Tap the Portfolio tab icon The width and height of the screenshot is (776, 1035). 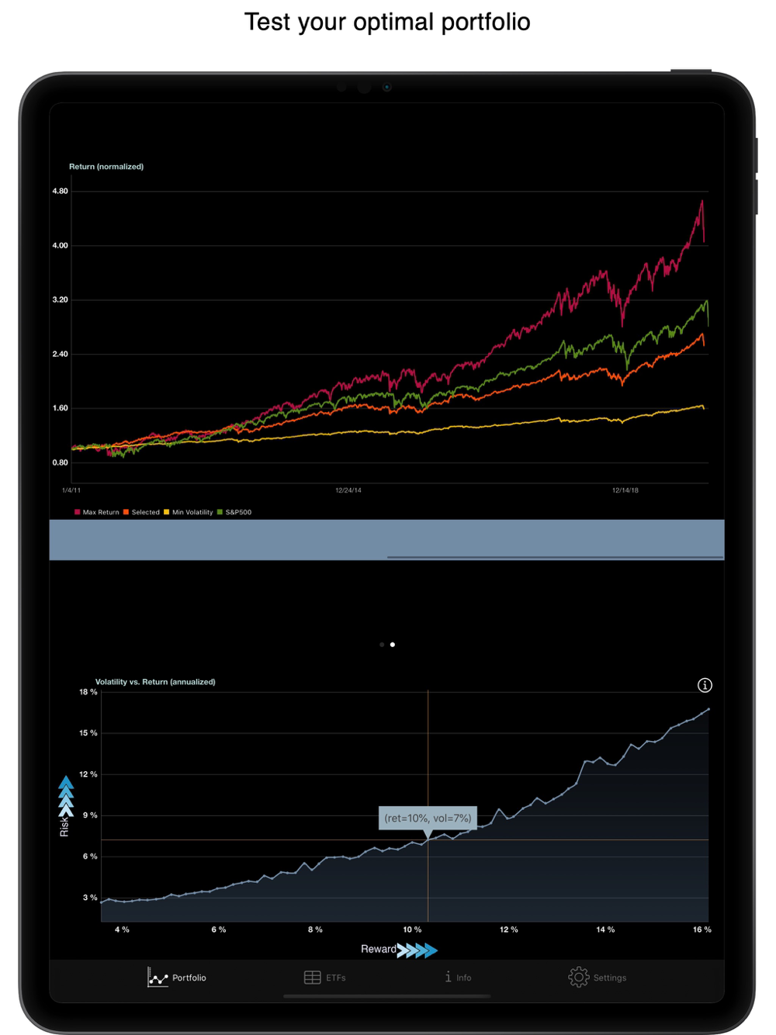pyautogui.click(x=158, y=978)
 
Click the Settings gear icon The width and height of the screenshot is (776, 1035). pyautogui.click(x=579, y=978)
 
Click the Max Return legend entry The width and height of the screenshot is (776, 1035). pyautogui.click(x=97, y=512)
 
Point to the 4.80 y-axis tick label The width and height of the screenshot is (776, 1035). pyautogui.click(x=61, y=191)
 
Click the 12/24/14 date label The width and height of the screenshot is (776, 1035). pyautogui.click(x=348, y=490)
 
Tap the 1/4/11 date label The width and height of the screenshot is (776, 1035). pyautogui.click(x=71, y=490)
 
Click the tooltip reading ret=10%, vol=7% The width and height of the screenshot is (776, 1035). pyautogui.click(x=428, y=818)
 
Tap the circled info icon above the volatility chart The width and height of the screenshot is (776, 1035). pyautogui.click(x=705, y=685)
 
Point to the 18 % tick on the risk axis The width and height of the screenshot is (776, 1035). pyautogui.click(x=88, y=692)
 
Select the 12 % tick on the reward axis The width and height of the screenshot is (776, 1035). pyautogui.click(x=509, y=929)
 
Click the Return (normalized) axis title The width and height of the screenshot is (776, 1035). pyautogui.click(x=106, y=167)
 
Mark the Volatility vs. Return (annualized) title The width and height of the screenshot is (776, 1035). pyautogui.click(x=155, y=682)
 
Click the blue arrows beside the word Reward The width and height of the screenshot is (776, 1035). pyautogui.click(x=417, y=950)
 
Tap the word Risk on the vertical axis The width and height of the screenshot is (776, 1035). pyautogui.click(x=64, y=826)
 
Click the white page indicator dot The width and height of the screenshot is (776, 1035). pyautogui.click(x=393, y=645)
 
